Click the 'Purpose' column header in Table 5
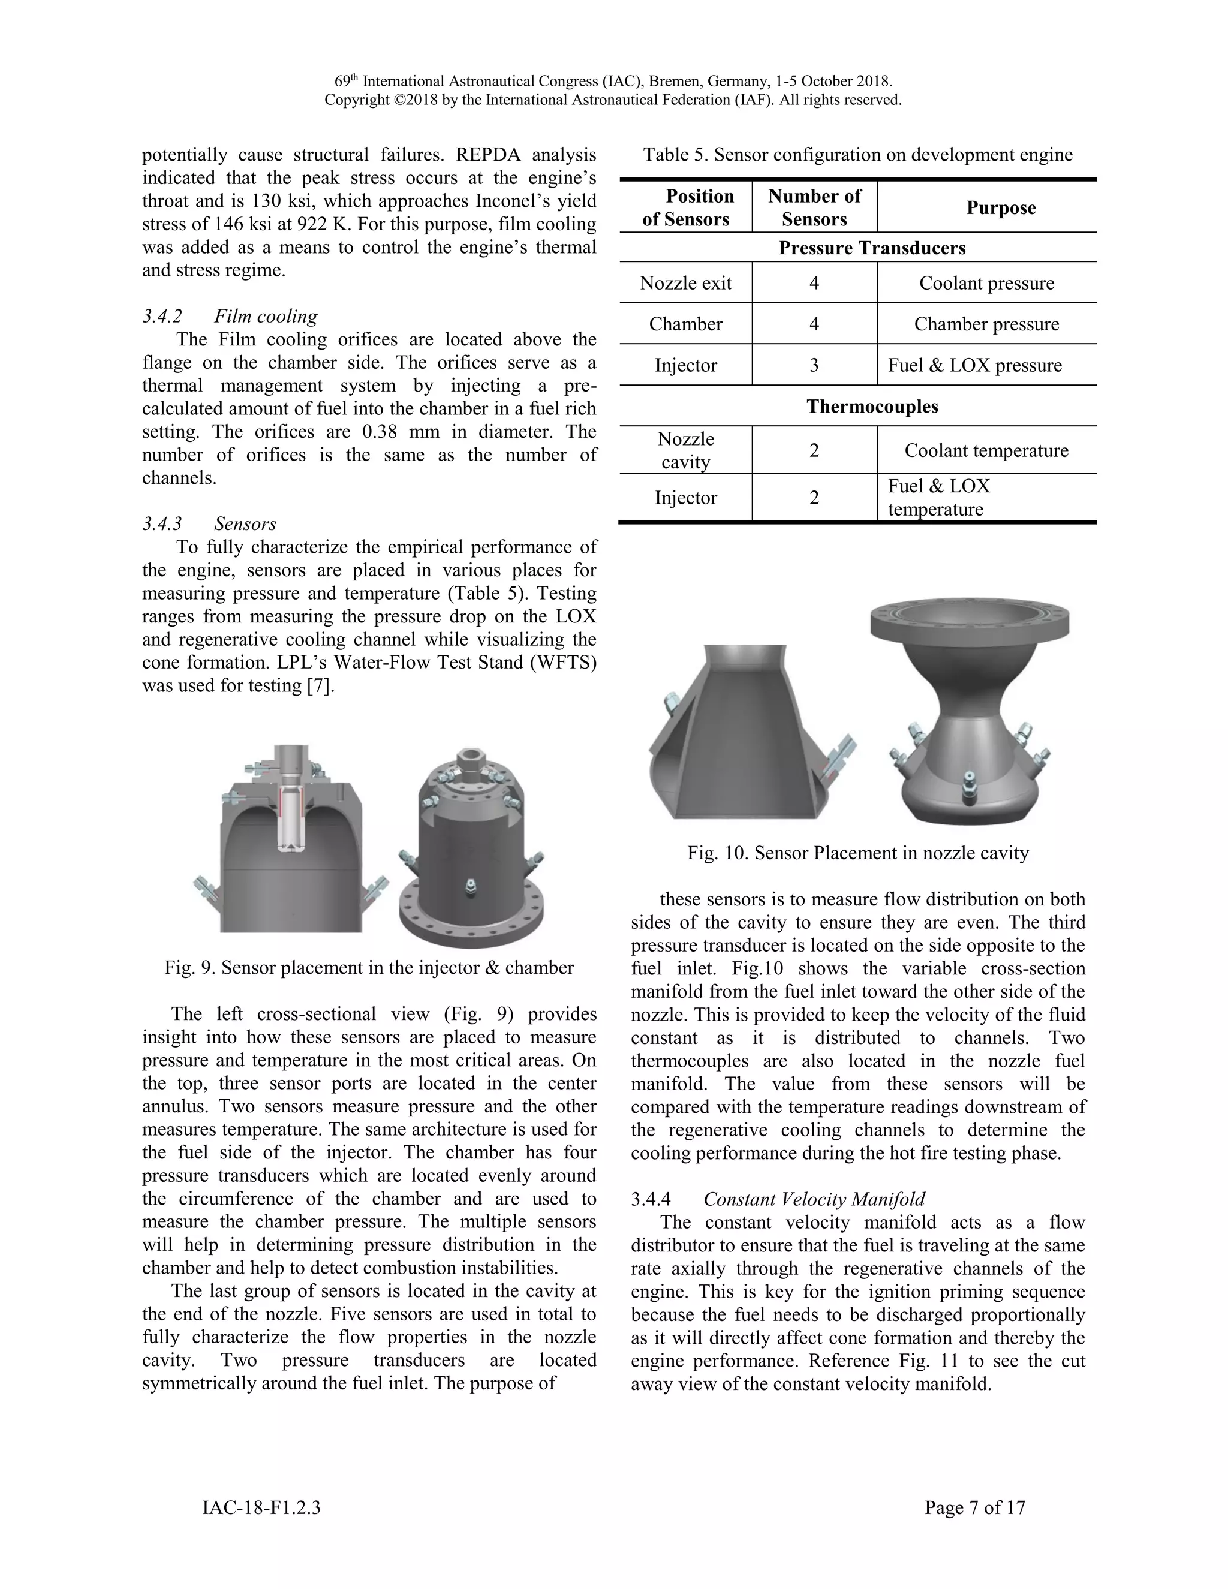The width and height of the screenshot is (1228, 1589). point(1000,208)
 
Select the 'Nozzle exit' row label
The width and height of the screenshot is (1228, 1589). point(685,283)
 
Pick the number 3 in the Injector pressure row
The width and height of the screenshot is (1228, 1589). point(814,365)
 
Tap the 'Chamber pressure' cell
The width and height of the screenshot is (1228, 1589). point(986,324)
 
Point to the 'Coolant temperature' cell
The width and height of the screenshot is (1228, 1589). point(986,450)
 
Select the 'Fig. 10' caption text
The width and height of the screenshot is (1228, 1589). point(857,853)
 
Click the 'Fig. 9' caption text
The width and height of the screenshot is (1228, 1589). point(369,968)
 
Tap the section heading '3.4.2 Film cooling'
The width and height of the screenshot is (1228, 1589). point(230,317)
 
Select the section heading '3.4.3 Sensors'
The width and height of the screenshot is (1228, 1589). point(209,524)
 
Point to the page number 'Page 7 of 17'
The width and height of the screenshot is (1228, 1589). point(974,1507)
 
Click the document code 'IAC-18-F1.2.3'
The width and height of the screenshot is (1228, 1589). point(261,1507)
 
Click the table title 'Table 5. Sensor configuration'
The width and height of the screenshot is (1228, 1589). point(857,155)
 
